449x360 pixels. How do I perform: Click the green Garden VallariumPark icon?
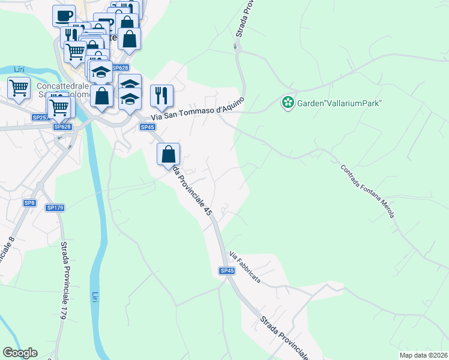(x=288, y=103)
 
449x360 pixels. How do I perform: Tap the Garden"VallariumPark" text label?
(x=339, y=103)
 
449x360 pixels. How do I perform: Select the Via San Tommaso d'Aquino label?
(x=198, y=109)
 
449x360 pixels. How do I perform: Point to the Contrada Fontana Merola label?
(x=367, y=191)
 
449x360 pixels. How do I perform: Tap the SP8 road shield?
(x=29, y=203)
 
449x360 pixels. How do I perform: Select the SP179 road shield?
(x=55, y=208)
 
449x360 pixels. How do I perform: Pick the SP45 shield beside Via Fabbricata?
(x=227, y=271)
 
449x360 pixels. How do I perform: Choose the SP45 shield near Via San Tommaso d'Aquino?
(x=147, y=127)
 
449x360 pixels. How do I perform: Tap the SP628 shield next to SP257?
(x=62, y=127)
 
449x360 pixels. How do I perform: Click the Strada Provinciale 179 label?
(x=62, y=279)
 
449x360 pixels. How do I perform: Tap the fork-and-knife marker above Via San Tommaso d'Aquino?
(x=161, y=95)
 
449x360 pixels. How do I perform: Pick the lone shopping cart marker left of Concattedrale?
(x=19, y=88)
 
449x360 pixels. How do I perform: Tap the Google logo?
(x=20, y=353)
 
